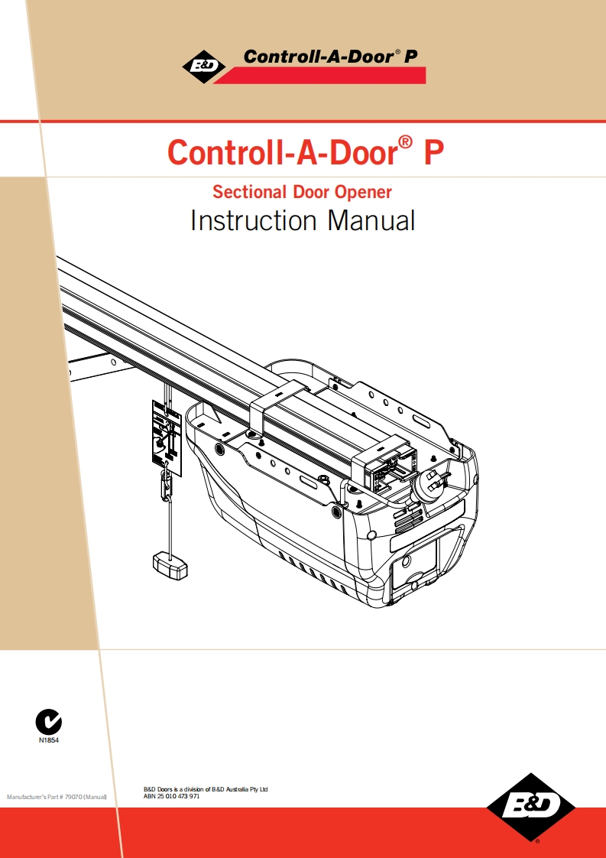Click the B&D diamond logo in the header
click(x=203, y=67)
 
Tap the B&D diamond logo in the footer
click(x=531, y=807)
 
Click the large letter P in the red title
click(x=433, y=151)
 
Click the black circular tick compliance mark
click(x=49, y=721)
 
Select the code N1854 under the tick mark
click(x=49, y=741)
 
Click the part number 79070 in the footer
click(x=73, y=797)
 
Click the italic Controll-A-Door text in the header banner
click(x=313, y=56)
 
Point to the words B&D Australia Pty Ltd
click(x=239, y=788)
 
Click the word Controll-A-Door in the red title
click(x=282, y=151)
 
